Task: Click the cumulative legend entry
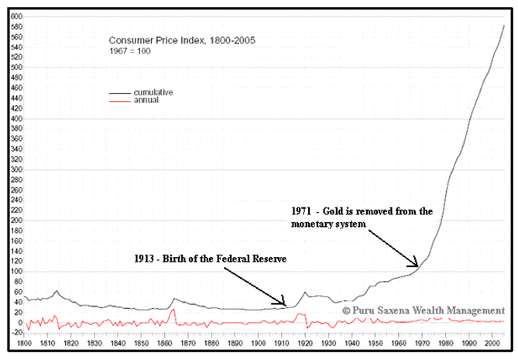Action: point(153,92)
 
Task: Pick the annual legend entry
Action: point(146,101)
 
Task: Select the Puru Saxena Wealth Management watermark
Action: point(423,310)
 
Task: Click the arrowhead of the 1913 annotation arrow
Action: point(286,304)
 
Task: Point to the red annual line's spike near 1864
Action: point(173,310)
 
